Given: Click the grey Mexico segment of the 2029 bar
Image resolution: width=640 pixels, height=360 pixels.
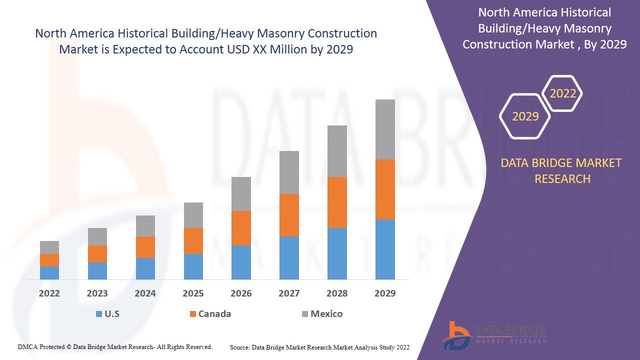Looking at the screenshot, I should (x=385, y=129).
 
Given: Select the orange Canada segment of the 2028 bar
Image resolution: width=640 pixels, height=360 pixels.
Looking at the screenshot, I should (x=337, y=202).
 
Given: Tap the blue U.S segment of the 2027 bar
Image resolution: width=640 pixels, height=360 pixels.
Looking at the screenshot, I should (x=289, y=257).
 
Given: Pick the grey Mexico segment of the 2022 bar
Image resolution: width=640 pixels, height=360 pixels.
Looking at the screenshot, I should (x=49, y=247).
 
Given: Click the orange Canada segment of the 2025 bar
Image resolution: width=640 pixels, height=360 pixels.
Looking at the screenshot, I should (x=193, y=241).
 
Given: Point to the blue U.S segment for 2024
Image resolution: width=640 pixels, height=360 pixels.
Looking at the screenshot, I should (x=145, y=268).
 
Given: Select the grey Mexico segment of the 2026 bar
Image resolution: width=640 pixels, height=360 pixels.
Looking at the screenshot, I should (x=241, y=194).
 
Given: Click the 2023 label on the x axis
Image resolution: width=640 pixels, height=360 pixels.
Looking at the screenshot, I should (x=97, y=293).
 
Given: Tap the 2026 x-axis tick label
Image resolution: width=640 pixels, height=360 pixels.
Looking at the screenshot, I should (x=241, y=293).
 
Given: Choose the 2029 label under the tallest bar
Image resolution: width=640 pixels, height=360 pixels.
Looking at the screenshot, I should (x=385, y=293).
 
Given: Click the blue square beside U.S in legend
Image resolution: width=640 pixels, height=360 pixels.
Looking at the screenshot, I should (x=99, y=314).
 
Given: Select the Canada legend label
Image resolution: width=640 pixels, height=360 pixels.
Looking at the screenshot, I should (x=214, y=314).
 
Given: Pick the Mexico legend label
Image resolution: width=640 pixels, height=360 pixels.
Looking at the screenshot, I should (x=326, y=314).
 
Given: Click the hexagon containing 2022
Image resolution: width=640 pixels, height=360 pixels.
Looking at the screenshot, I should (x=562, y=93).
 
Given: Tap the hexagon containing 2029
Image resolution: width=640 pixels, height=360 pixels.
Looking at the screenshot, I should (x=525, y=116).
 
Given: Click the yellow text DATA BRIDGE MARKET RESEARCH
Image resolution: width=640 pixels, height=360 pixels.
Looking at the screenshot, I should (x=562, y=170).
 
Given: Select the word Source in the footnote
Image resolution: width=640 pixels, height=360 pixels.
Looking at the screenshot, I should (x=239, y=347).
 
